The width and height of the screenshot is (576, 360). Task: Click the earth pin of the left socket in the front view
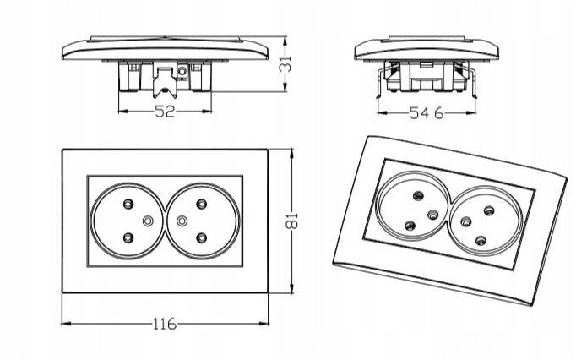(149, 222)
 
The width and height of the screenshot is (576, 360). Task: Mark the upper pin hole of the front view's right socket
(202, 205)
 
